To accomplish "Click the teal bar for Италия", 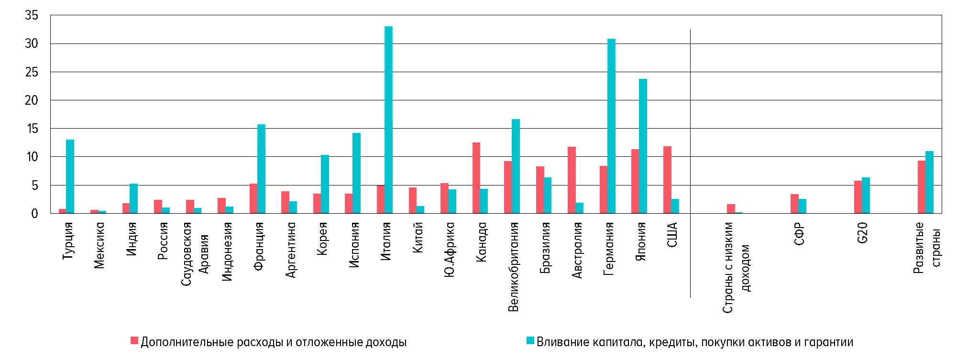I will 388,120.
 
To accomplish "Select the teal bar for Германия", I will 611,126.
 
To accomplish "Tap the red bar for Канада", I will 476,178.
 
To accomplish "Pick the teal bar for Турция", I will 70,176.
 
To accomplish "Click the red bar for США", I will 667,180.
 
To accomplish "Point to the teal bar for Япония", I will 643,146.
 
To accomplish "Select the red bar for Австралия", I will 572,180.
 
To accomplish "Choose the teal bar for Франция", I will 261,169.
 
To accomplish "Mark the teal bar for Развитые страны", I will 929,182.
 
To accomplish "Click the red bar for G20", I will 858,197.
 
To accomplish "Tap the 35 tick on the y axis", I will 32,15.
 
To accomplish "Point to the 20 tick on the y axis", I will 32,100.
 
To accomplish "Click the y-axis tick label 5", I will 34,185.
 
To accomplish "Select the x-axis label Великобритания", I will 513,267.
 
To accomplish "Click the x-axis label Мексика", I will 99,245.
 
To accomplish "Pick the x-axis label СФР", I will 799,234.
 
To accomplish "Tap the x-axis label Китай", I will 418,237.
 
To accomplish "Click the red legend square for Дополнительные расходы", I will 134,341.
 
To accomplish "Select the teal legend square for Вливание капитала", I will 530,341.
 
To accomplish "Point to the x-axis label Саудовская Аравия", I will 195,253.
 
